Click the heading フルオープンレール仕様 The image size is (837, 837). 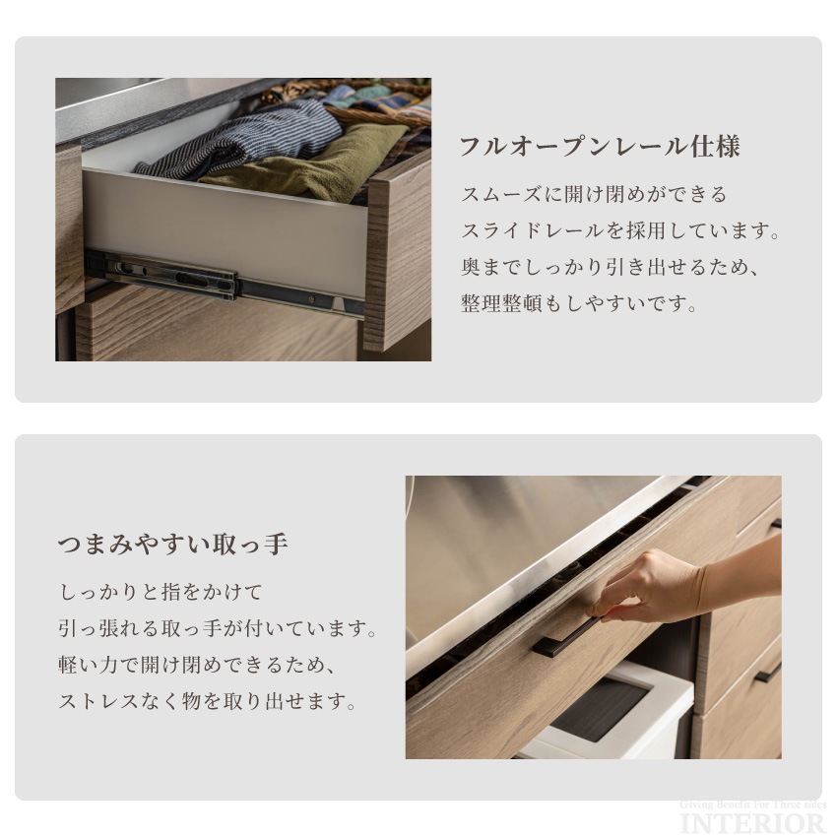coord(599,148)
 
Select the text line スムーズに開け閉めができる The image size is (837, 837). coord(594,195)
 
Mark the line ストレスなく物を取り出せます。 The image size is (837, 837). coord(207,702)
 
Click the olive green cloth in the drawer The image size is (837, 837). coord(315,167)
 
